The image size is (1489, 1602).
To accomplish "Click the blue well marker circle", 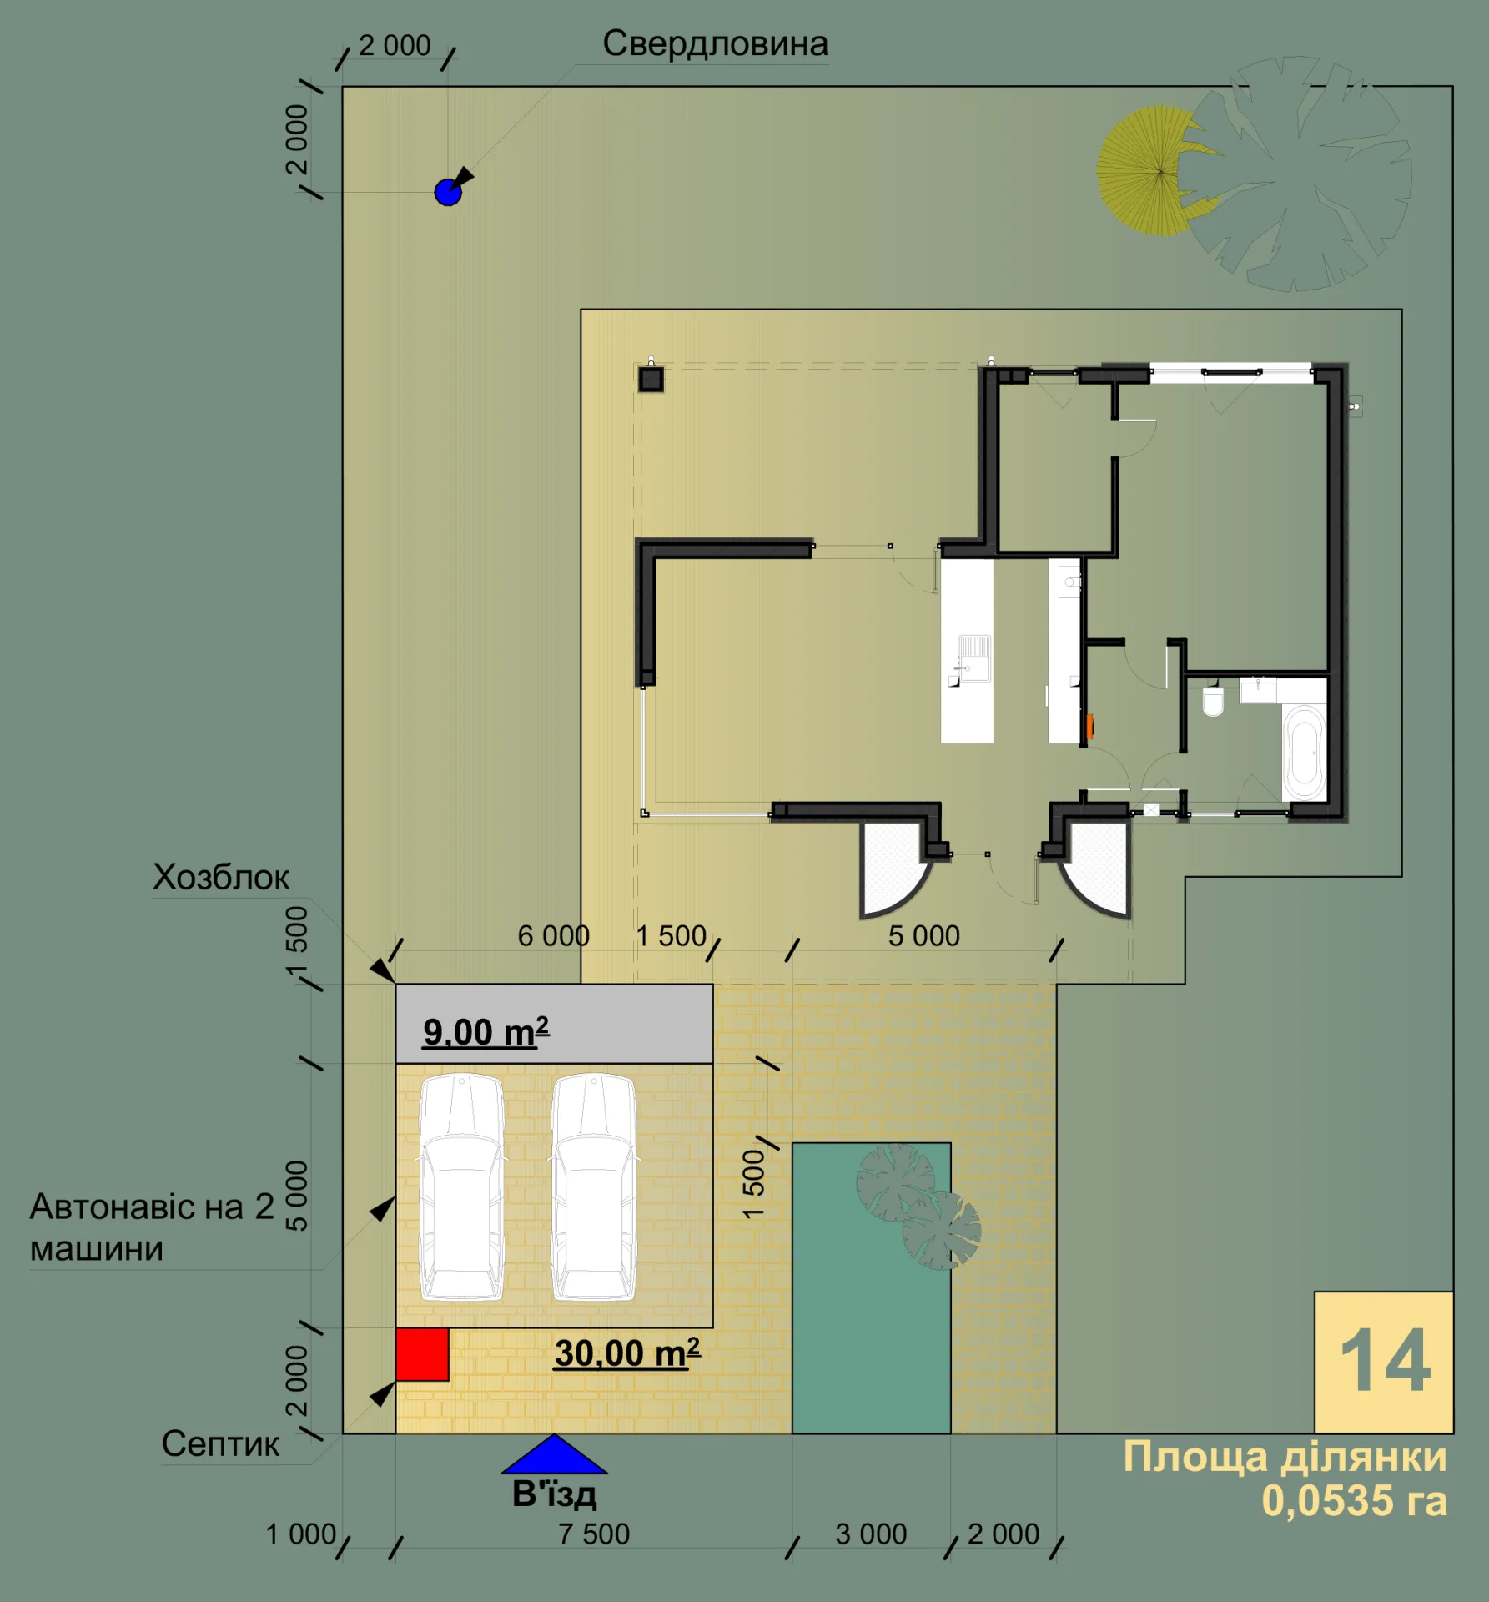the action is (x=448, y=192).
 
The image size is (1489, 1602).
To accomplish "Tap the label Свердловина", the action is (x=715, y=44).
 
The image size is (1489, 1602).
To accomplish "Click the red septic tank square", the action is (x=422, y=1354).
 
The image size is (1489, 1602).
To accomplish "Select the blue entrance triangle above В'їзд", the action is (x=554, y=1454).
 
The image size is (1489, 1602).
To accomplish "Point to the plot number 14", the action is (x=1385, y=1362).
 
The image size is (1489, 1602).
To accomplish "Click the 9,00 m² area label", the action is (x=486, y=1031).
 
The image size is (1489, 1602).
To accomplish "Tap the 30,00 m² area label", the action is (x=627, y=1353).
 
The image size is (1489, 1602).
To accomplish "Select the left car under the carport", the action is (x=461, y=1186).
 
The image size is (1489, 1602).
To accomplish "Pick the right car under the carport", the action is (x=594, y=1186).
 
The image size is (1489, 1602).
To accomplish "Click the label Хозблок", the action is (x=221, y=877).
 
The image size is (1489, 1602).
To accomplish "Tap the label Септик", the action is (x=220, y=1443).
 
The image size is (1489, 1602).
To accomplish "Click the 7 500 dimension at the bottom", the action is (x=594, y=1534).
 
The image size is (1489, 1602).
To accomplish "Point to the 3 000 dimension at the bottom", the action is (x=871, y=1534).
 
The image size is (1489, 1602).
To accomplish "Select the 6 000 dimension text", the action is (x=553, y=935).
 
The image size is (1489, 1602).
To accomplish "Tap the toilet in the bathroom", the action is (x=1213, y=700).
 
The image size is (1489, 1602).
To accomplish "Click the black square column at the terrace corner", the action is (x=651, y=380).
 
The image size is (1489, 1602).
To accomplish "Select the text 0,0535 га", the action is (x=1354, y=1500).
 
